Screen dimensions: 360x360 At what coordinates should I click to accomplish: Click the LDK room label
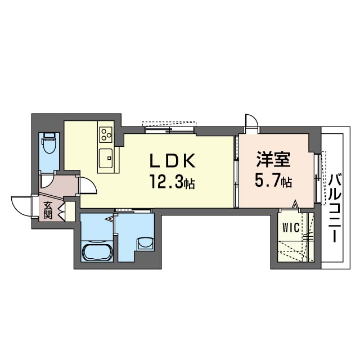173,160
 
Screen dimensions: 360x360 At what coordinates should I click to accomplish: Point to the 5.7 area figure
273,181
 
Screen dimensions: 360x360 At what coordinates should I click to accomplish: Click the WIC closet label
291,228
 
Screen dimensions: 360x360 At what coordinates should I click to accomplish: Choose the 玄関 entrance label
48,210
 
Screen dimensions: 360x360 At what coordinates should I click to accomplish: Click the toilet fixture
49,143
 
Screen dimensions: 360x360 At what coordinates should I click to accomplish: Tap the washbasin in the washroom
145,244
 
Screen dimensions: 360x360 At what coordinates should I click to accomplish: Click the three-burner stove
106,135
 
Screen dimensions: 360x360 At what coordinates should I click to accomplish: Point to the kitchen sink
106,158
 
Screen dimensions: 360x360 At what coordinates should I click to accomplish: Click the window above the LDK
170,127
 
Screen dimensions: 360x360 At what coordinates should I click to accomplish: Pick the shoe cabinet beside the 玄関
70,211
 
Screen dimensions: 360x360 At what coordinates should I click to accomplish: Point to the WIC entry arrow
295,204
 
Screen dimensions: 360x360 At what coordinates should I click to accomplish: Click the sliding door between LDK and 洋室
236,172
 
